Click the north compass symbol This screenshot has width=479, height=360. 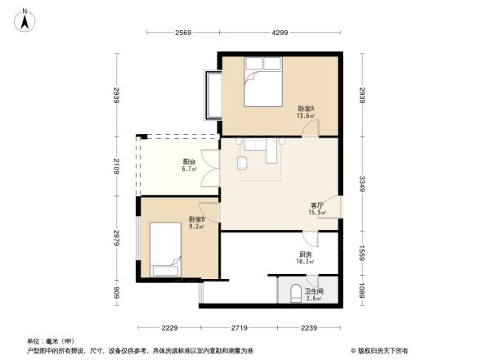[25, 19]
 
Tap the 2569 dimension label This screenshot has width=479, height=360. [182, 33]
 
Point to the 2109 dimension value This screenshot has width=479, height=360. [118, 166]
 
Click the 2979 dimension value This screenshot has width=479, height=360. [118, 237]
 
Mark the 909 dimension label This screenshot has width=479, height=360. [118, 291]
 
